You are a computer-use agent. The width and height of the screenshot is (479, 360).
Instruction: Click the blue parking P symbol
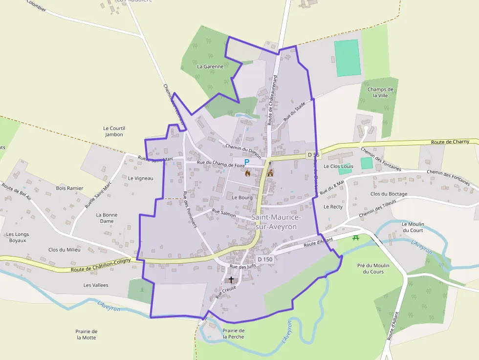tap(247, 162)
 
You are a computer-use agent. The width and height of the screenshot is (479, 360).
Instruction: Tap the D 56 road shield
tap(313, 155)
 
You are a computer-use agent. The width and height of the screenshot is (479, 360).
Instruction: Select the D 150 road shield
tap(265, 259)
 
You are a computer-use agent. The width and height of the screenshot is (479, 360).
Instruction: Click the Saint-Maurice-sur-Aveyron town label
tap(276, 222)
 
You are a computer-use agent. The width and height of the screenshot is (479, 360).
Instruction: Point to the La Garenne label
tap(210, 66)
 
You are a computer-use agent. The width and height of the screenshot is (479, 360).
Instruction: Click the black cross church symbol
tap(231, 280)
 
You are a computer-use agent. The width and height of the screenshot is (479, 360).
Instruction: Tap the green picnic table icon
tap(356, 237)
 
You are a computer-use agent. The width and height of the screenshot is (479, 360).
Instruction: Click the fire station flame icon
tap(248, 173)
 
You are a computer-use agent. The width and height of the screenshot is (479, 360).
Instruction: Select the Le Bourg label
tap(242, 198)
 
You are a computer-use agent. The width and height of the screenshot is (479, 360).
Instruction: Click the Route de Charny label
tap(450, 142)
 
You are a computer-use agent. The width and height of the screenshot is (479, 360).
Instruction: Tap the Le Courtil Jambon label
tap(114, 131)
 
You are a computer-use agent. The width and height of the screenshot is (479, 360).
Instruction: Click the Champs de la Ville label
tap(380, 92)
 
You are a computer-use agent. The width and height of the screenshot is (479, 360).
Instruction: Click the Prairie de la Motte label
tap(87, 335)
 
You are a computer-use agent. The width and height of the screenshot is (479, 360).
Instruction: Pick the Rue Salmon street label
tap(224, 212)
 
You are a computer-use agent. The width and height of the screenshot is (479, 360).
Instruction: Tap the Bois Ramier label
tap(69, 188)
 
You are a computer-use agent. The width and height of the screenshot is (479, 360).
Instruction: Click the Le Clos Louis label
tap(338, 166)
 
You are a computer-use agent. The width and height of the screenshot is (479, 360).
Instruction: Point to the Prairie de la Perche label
tap(233, 334)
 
